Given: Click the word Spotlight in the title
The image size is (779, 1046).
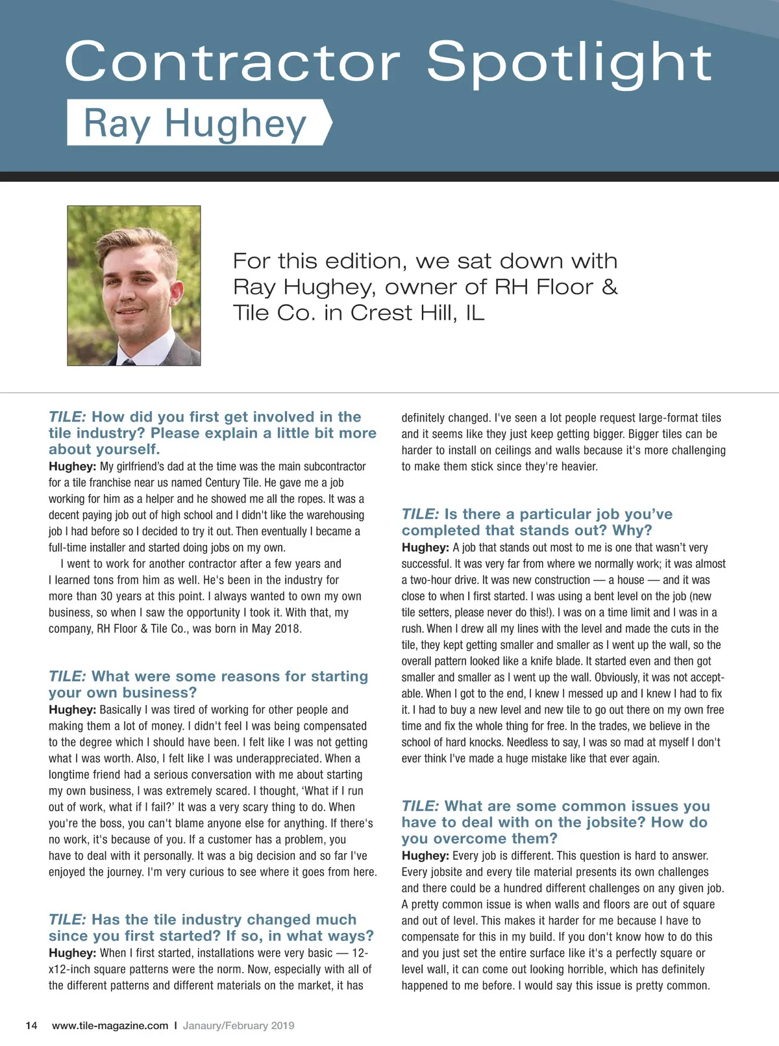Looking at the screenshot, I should point(569,62).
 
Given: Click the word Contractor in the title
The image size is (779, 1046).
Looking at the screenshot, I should point(232,62).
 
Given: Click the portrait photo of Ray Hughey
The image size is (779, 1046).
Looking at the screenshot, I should point(134,286).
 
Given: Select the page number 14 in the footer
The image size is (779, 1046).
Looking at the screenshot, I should point(31,1025).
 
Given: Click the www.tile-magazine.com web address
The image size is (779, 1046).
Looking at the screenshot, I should point(110,1025).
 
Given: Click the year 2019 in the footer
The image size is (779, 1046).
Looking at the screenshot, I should point(282,1025).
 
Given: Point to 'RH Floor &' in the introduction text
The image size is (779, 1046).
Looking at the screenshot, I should point(556,287).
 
